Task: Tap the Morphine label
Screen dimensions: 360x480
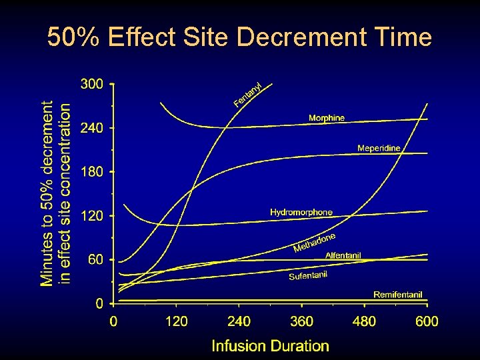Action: coord(327,118)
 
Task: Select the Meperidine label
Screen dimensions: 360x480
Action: coord(379,147)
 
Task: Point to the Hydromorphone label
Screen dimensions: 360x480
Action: coord(301,212)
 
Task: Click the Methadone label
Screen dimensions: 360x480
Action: coord(314,243)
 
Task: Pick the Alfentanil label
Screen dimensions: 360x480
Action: coord(343,255)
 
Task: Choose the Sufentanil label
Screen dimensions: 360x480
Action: coord(308,273)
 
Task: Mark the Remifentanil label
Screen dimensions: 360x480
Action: coord(398,295)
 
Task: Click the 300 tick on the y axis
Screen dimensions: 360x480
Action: coord(91,85)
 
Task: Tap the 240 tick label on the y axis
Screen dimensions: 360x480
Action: coord(91,129)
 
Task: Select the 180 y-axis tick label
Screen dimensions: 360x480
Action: coord(91,172)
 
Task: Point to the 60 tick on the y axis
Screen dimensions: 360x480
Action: coord(95,260)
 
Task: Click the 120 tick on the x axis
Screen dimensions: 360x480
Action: coord(176,321)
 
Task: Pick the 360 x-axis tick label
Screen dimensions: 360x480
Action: coord(301,321)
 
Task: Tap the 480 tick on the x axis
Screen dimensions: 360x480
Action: coord(364,321)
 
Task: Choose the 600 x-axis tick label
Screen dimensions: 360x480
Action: coord(427,321)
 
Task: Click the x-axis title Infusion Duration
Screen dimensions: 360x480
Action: coord(270,345)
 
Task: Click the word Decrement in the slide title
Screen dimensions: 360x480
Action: coord(300,37)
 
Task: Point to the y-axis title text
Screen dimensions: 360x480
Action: coord(56,193)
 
